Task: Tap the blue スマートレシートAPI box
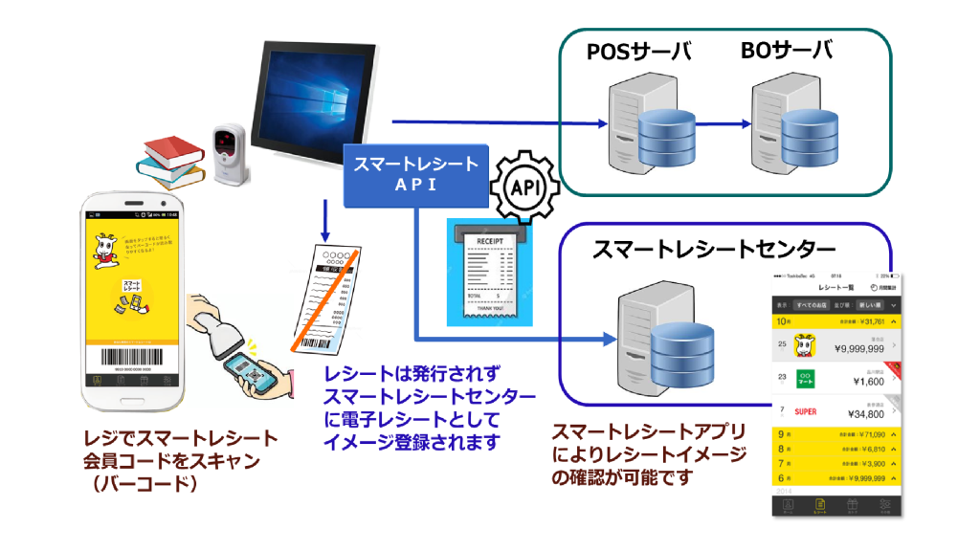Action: point(416,173)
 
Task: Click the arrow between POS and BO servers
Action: point(723,123)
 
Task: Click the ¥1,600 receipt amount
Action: point(865,382)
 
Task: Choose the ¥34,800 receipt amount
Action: point(860,414)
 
